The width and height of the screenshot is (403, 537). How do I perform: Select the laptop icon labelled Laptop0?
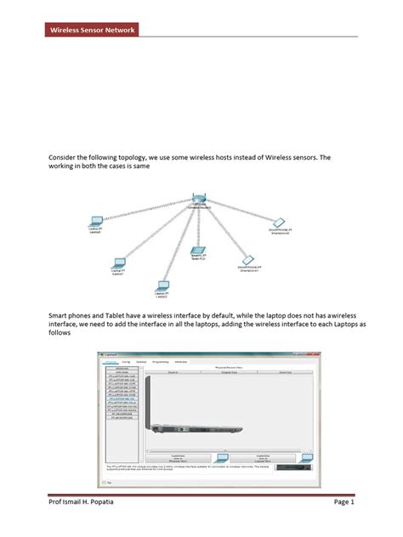tap(96, 222)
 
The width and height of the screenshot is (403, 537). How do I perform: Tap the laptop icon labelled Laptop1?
tap(119, 263)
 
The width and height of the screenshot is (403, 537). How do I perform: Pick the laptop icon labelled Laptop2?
tap(162, 286)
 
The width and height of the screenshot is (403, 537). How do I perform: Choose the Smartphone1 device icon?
tap(247, 259)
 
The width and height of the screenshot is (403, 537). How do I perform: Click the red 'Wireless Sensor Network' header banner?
tap(89, 31)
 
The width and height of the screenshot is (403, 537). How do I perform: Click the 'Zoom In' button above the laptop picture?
tap(170, 371)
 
